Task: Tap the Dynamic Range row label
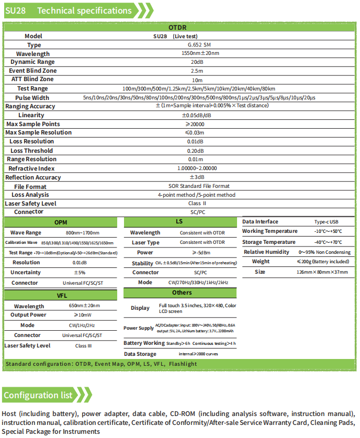coord(34,62)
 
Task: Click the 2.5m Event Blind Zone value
coord(197,71)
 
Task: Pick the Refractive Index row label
coord(31,169)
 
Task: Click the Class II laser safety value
coord(197,204)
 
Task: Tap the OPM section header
coord(61,222)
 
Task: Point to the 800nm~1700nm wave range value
coord(83,233)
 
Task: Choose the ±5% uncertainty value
coord(80,273)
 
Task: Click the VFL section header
coord(61,296)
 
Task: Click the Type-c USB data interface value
coord(327,222)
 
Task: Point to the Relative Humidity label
coord(266,252)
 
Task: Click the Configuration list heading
coord(38,395)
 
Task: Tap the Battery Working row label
coord(144,343)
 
